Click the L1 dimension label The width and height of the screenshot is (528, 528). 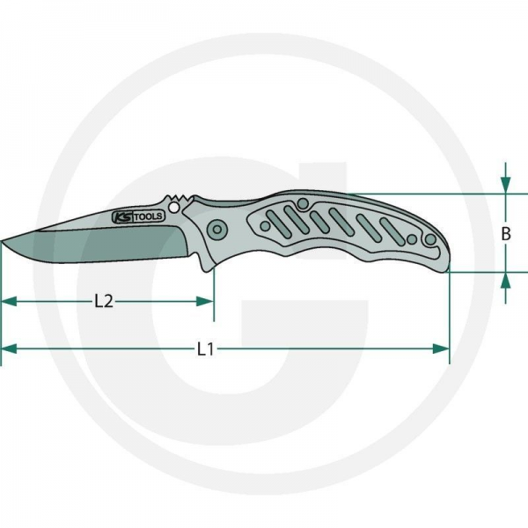pyautogui.click(x=205, y=349)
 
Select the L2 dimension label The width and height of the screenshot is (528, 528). pyautogui.click(x=104, y=301)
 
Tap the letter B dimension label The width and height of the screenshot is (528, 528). pyautogui.click(x=506, y=234)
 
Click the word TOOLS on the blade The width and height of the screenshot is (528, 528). pyautogui.click(x=148, y=216)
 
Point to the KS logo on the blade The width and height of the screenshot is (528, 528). pyautogui.click(x=122, y=217)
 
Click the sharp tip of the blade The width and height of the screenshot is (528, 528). pyautogui.click(x=2, y=241)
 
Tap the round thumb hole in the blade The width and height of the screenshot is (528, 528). pyautogui.click(x=174, y=207)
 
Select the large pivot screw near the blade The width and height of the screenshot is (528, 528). pyautogui.click(x=217, y=230)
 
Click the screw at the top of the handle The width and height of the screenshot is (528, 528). pyautogui.click(x=303, y=203)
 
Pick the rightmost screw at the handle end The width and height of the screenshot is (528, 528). pyautogui.click(x=430, y=239)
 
